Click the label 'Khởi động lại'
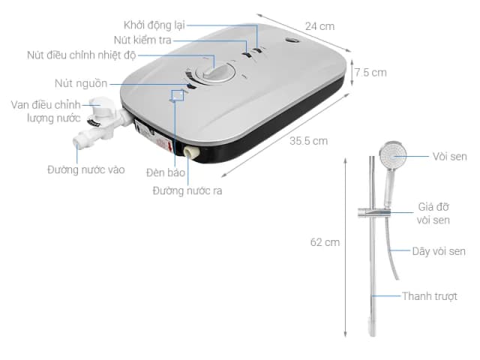click(x=154, y=25)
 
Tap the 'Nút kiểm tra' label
click(x=142, y=40)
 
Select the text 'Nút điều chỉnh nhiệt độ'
click(x=82, y=55)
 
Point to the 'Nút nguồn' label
click(x=81, y=83)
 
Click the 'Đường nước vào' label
click(x=86, y=169)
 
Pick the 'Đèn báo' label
click(x=166, y=172)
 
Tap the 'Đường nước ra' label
click(x=187, y=190)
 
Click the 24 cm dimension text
click(x=320, y=26)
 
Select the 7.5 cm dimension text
click(x=370, y=73)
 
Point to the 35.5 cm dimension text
click(x=308, y=141)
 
